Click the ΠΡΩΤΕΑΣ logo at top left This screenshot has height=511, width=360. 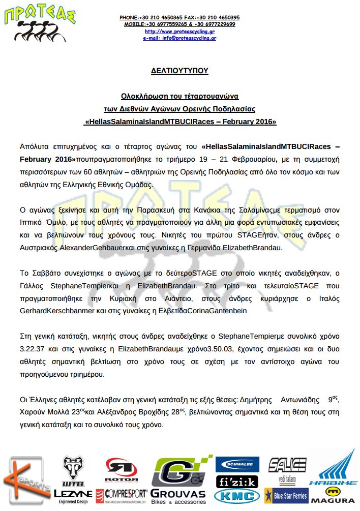point(41,24)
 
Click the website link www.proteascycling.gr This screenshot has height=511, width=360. point(179,31)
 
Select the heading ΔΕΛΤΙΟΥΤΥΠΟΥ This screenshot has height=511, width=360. point(180,71)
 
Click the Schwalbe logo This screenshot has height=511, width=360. point(237,464)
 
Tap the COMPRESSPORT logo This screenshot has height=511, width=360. point(126,494)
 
